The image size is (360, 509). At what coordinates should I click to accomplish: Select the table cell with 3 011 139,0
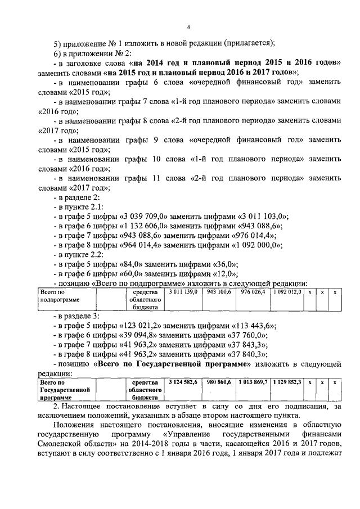pos(181,292)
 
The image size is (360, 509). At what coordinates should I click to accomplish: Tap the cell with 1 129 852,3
pos(287,382)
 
